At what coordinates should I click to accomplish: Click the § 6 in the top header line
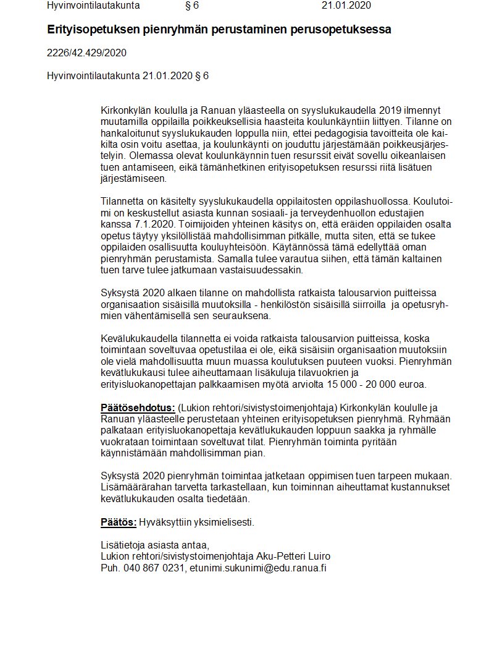coord(191,6)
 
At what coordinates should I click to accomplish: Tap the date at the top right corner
coord(346,6)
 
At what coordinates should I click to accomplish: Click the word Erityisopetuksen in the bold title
coord(87,30)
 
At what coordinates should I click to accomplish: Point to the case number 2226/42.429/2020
coord(86,53)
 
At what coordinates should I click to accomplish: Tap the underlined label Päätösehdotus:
coord(138,407)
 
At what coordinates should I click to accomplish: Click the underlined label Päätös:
coord(119,521)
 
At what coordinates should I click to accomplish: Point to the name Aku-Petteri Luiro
coord(297,555)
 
